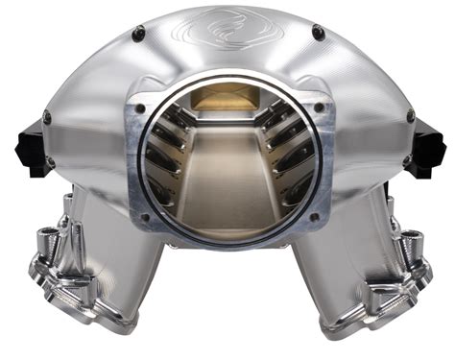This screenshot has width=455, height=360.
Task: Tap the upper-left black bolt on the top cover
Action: tap(138, 34)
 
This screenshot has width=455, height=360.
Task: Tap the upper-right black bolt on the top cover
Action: tap(318, 34)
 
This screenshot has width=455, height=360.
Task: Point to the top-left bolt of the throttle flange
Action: tap(142, 96)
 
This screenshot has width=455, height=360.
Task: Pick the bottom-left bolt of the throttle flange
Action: tap(145, 217)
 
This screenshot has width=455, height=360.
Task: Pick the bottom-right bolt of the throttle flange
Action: tap(313, 217)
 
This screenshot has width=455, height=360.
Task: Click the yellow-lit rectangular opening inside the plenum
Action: tap(227, 98)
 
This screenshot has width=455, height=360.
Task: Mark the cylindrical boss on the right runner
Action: tap(409, 240)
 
